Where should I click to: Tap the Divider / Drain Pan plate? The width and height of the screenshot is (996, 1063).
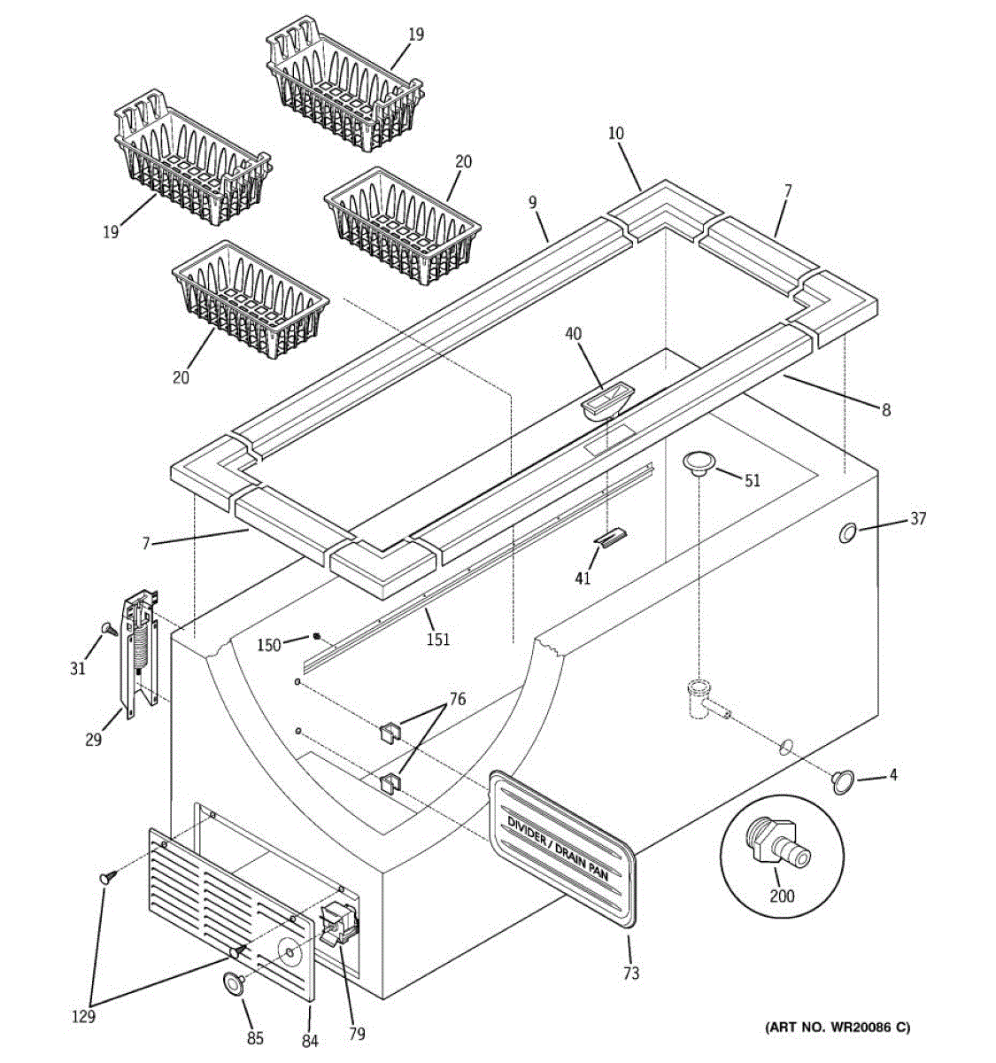(563, 850)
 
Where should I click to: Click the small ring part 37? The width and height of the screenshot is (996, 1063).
(847, 532)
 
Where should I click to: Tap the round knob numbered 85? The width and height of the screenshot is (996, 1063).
(235, 982)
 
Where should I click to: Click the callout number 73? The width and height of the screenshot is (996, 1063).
(630, 974)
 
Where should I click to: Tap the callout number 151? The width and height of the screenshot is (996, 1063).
(437, 639)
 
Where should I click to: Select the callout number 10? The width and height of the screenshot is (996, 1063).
(616, 134)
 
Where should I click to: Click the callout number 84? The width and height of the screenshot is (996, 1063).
(309, 1041)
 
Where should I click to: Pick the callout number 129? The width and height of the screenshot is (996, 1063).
(83, 1018)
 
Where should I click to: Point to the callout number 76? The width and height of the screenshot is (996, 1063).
(457, 699)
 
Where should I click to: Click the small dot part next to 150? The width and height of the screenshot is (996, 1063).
(315, 635)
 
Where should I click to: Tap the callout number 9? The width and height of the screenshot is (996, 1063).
(533, 203)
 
